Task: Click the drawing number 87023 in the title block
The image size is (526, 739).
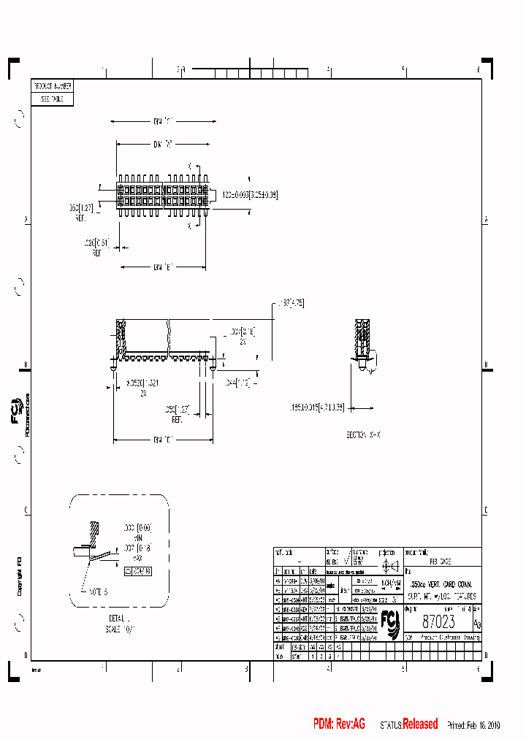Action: [438, 621]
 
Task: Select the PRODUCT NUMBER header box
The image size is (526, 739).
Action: [53, 86]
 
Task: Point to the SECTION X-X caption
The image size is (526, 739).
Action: [364, 434]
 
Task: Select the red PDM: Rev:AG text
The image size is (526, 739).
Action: [339, 724]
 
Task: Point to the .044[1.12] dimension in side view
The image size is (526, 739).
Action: [238, 383]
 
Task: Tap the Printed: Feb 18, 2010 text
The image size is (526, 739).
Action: [473, 724]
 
